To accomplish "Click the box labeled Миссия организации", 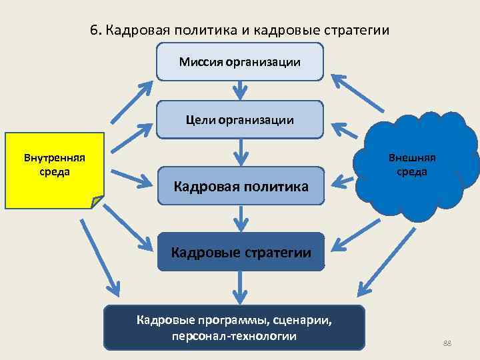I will (240, 61).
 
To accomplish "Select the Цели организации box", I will (240, 120).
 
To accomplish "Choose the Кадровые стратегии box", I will (241, 252).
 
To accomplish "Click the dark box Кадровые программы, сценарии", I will (234, 327).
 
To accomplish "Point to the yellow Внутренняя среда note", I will (54, 170).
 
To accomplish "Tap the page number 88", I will (447, 343).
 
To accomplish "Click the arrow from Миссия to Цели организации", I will (240, 89).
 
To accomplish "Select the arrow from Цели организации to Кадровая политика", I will (240, 153).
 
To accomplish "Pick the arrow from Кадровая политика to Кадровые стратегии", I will (240, 219).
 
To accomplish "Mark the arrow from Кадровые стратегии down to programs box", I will (240, 287).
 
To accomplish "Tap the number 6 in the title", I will (93, 31).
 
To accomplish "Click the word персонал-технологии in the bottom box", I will (234, 335).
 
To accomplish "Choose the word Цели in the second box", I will (200, 121).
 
